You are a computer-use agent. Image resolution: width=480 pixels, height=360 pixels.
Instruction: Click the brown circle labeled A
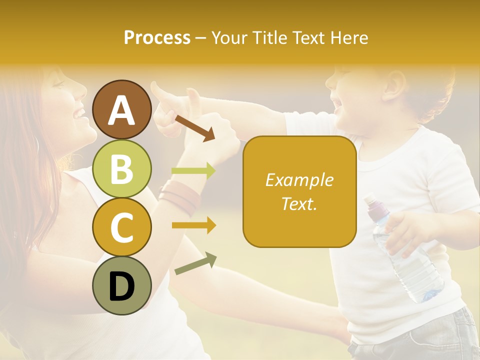(122, 109)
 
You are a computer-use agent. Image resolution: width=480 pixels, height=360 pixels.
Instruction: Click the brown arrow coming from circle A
(194, 127)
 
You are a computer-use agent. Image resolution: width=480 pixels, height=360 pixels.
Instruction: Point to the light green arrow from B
(193, 171)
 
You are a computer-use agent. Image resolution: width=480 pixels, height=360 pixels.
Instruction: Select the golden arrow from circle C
(193, 225)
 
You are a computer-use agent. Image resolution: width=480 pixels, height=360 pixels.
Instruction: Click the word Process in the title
(157, 37)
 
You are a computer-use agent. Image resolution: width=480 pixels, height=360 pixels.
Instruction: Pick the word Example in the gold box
(299, 180)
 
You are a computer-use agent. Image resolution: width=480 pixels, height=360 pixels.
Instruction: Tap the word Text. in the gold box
(299, 204)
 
